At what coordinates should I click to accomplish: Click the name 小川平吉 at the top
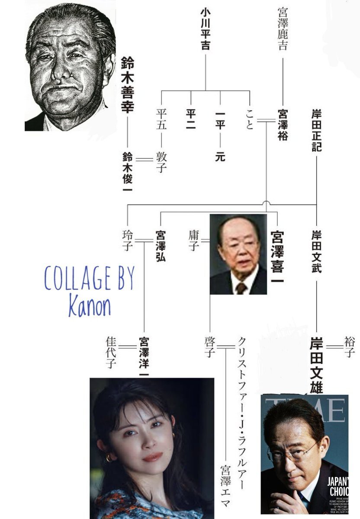[x=205, y=35]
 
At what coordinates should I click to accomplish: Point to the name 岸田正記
[x=316, y=130]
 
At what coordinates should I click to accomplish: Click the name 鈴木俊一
[x=128, y=171]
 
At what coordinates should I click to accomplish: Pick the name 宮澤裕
[x=282, y=125]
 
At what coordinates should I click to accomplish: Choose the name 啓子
[x=210, y=346]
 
